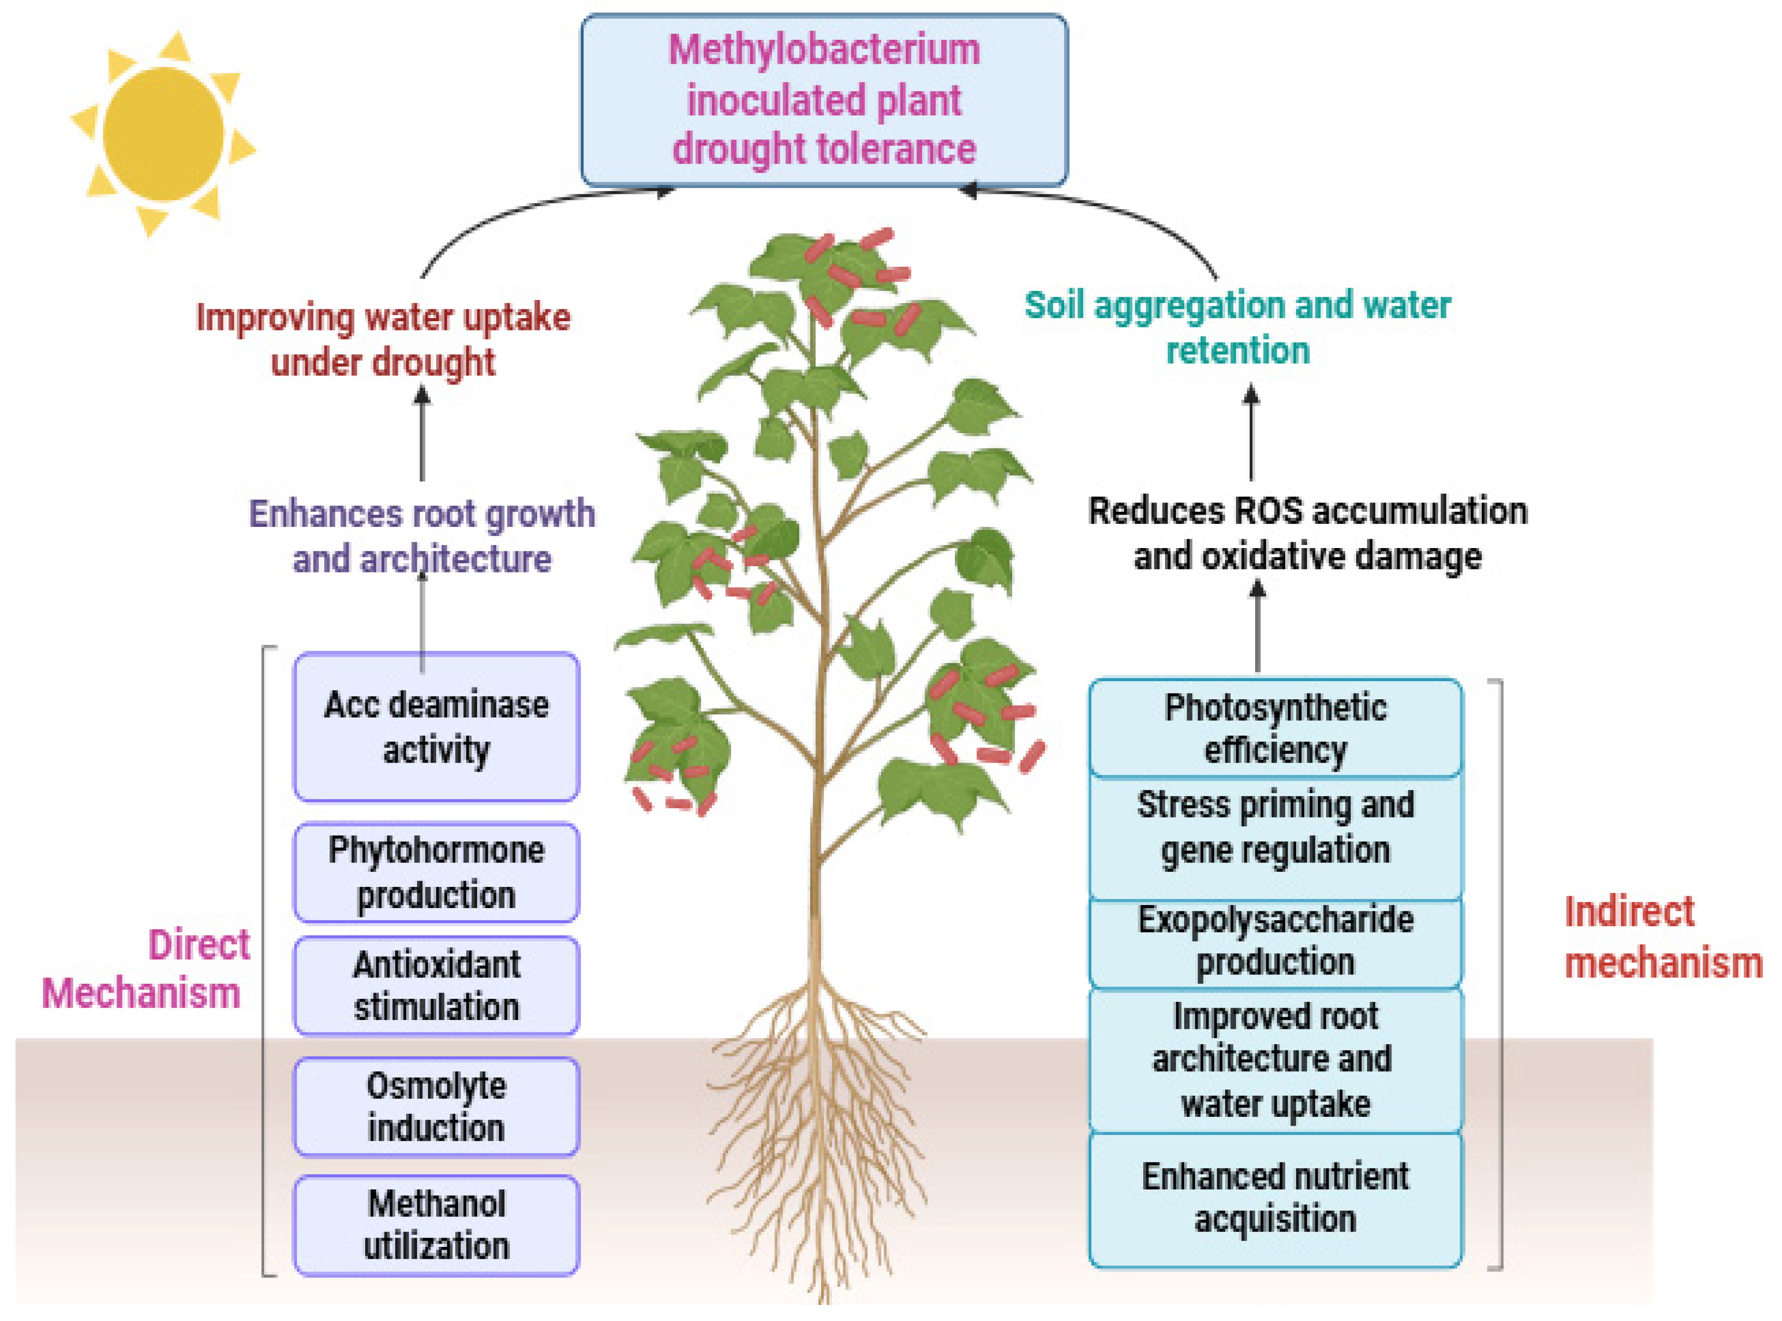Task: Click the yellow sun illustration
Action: pos(163,134)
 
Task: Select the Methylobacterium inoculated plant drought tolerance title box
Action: pos(824,100)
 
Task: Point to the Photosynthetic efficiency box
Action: pos(1275,728)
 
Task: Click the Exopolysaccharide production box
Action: pos(1275,941)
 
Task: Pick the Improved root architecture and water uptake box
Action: pos(1275,1059)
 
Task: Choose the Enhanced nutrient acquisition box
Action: pos(1275,1198)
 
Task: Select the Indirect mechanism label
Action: pos(1662,937)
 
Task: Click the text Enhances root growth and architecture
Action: pos(422,536)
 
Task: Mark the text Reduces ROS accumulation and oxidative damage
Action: pos(1307,534)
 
